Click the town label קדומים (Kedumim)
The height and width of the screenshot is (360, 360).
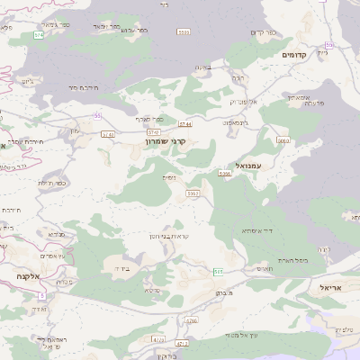pos(294,55)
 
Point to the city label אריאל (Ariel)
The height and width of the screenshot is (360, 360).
pos(332,286)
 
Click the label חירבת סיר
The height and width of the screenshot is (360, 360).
pos(82,87)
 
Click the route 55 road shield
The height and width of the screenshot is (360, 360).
pos(96,115)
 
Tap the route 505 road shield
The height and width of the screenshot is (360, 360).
pos(218,270)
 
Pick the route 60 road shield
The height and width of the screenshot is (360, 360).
pos(330,44)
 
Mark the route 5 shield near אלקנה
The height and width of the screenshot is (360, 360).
pos(41,295)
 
